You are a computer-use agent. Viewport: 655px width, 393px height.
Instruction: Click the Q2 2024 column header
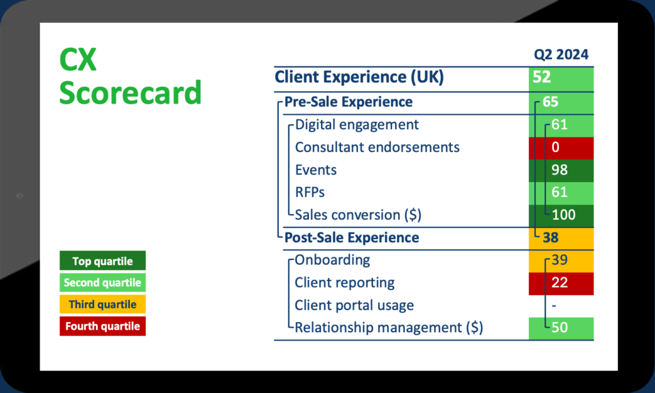[x=561, y=55]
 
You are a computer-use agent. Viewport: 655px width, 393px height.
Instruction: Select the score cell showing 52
[x=561, y=78]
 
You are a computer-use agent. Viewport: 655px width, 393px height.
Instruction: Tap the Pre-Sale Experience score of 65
[x=561, y=102]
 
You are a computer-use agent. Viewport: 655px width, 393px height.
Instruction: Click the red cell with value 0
[x=561, y=148]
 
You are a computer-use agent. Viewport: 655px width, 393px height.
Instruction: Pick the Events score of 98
[x=561, y=170]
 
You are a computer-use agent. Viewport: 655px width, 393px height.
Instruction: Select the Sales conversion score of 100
[x=561, y=215]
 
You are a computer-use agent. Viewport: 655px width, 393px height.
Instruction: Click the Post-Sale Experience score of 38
[x=561, y=238]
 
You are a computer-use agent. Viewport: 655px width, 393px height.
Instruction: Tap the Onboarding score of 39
[x=561, y=260]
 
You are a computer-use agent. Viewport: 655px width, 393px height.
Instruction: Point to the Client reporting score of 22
[x=561, y=283]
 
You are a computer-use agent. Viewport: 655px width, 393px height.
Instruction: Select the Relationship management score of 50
[x=561, y=328]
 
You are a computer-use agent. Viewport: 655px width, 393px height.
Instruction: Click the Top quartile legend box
[x=102, y=261]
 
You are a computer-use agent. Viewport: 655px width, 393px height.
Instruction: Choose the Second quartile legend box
[x=102, y=282]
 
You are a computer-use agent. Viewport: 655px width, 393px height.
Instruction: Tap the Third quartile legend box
[x=102, y=304]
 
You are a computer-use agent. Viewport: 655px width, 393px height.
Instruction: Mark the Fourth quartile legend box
[x=102, y=326]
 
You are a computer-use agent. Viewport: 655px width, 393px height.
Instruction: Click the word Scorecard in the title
[x=130, y=93]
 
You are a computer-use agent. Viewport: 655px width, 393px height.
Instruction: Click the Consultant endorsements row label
[x=377, y=148]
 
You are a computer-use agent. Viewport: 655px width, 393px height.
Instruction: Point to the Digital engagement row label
[x=357, y=125]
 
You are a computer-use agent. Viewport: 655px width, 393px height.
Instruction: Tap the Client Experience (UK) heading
[x=359, y=78]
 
